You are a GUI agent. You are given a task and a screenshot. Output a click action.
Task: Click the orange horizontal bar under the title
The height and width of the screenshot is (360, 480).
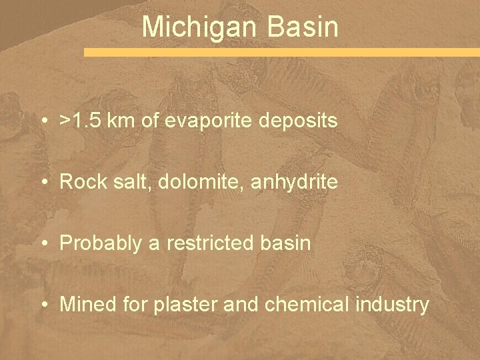[281, 52]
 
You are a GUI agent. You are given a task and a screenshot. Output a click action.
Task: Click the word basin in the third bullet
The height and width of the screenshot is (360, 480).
[287, 243]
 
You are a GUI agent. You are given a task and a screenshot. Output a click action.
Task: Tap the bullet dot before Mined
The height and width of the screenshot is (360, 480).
[44, 305]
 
